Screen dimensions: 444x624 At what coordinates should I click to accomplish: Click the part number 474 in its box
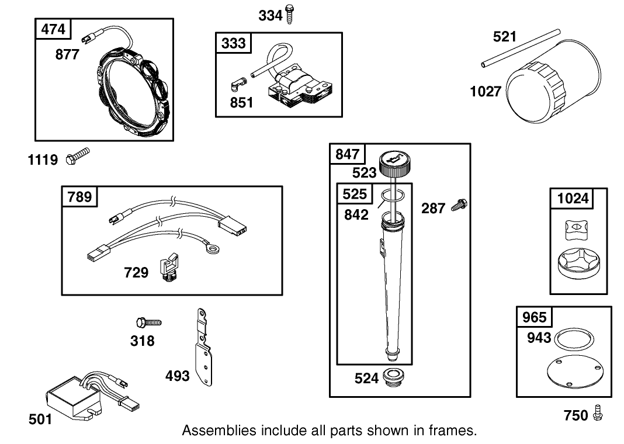pos(53,29)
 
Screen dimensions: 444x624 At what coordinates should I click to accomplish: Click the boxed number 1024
pos(573,199)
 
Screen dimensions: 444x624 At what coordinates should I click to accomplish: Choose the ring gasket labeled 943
pos(574,338)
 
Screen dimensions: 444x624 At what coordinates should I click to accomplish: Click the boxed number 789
pos(79,197)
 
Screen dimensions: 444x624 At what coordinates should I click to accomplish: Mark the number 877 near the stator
pos(68,54)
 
